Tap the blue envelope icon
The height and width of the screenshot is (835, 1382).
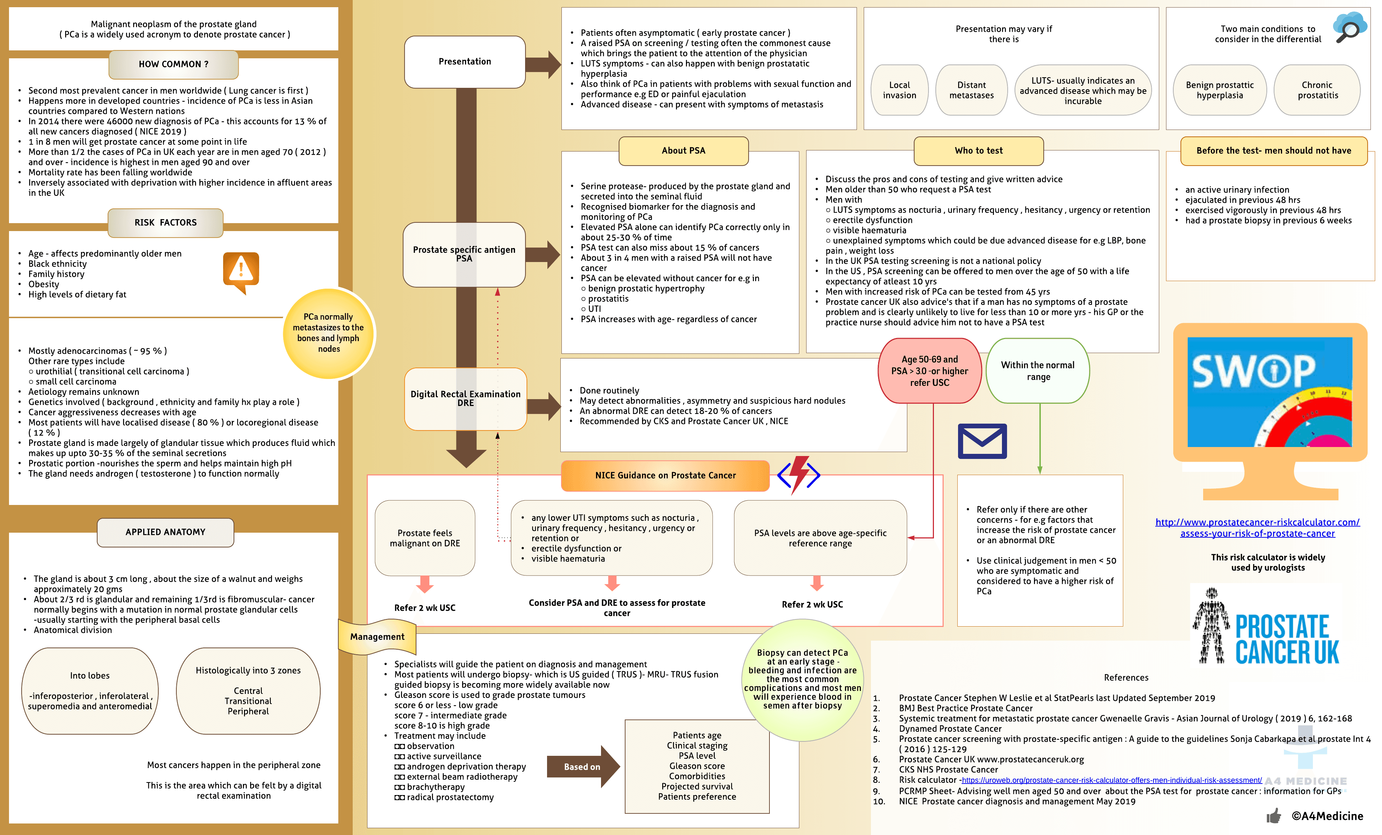tap(982, 441)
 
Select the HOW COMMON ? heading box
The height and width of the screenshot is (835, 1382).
tap(173, 64)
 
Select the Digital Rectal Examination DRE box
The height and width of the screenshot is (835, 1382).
tap(466, 399)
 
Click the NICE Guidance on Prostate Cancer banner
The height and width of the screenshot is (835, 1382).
tap(665, 475)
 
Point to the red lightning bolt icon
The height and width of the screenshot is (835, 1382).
tap(799, 474)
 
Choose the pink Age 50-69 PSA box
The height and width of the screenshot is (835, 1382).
tap(929, 371)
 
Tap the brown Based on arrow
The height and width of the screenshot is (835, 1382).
tap(583, 767)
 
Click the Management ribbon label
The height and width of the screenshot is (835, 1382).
tap(378, 636)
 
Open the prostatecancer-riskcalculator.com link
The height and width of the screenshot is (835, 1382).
tap(1257, 528)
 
